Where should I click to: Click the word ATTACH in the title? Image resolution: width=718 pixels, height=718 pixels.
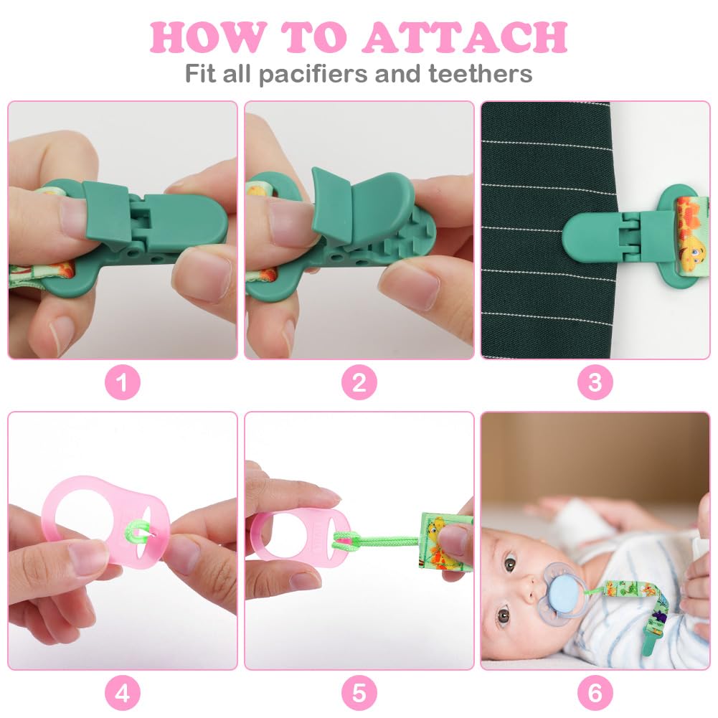click(465, 37)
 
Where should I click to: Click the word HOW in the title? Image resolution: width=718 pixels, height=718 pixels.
click(207, 37)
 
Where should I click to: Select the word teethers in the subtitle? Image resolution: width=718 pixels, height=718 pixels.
click(481, 73)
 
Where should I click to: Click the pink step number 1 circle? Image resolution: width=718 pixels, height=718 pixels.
click(122, 382)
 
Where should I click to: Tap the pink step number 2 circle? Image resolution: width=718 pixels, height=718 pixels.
click(359, 382)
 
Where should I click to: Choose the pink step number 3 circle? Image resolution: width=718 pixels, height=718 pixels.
click(595, 382)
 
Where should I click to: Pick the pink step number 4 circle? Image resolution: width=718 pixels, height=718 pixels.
click(122, 693)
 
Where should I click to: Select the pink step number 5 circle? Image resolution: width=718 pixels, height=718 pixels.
click(359, 693)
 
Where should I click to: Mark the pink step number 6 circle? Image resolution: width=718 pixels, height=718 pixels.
click(595, 693)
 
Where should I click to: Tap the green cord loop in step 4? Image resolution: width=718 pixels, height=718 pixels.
click(137, 532)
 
